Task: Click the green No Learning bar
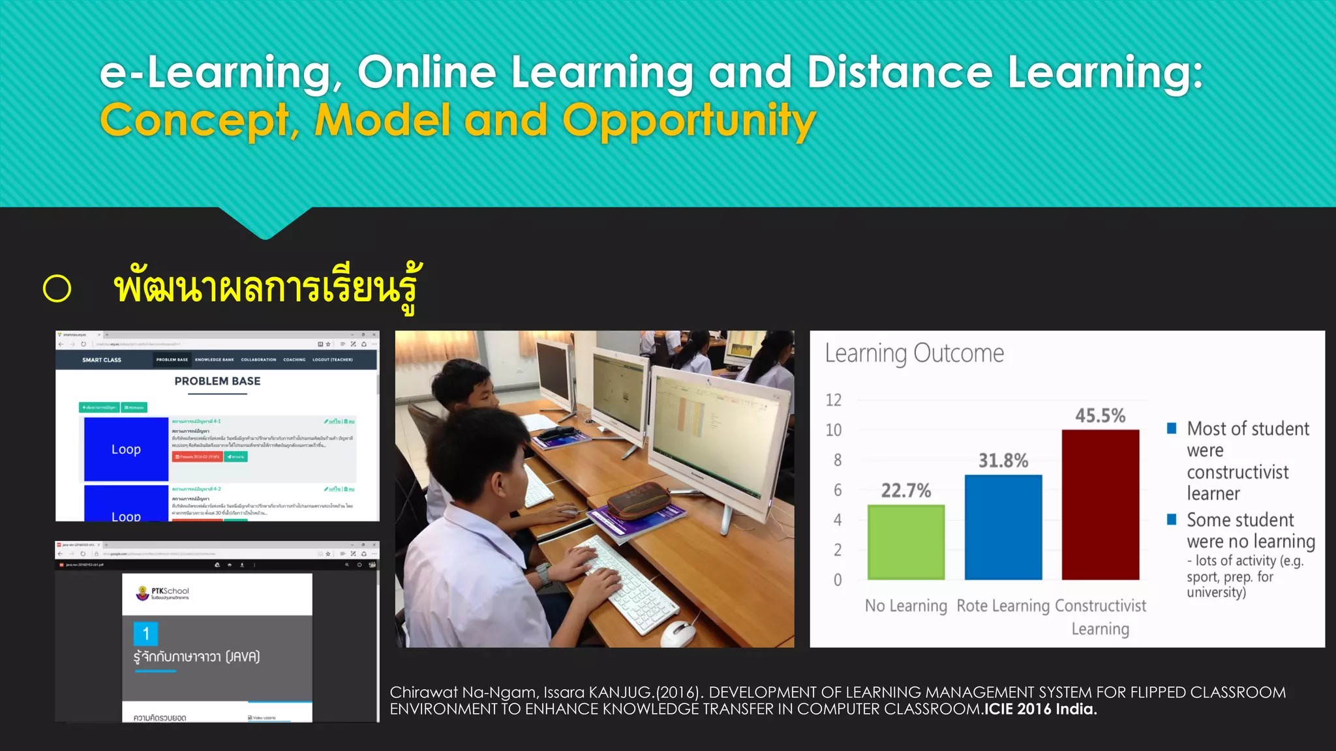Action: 906,542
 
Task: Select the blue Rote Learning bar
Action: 1003,527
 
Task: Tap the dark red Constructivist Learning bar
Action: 1101,505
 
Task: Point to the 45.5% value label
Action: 1101,416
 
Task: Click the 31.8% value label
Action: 1003,461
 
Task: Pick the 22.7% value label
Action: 906,490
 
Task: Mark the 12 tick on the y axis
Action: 834,400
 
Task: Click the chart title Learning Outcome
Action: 914,353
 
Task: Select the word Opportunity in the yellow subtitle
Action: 689,121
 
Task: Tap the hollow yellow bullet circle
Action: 57,289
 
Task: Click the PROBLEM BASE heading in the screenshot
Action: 217,381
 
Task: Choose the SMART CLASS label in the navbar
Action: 102,360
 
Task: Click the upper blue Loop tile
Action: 126,449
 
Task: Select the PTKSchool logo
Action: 162,593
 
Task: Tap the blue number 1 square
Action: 145,634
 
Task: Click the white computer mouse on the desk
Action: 679,632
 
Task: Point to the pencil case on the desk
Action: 639,501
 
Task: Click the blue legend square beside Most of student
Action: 1172,428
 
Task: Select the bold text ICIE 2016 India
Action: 1040,709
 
